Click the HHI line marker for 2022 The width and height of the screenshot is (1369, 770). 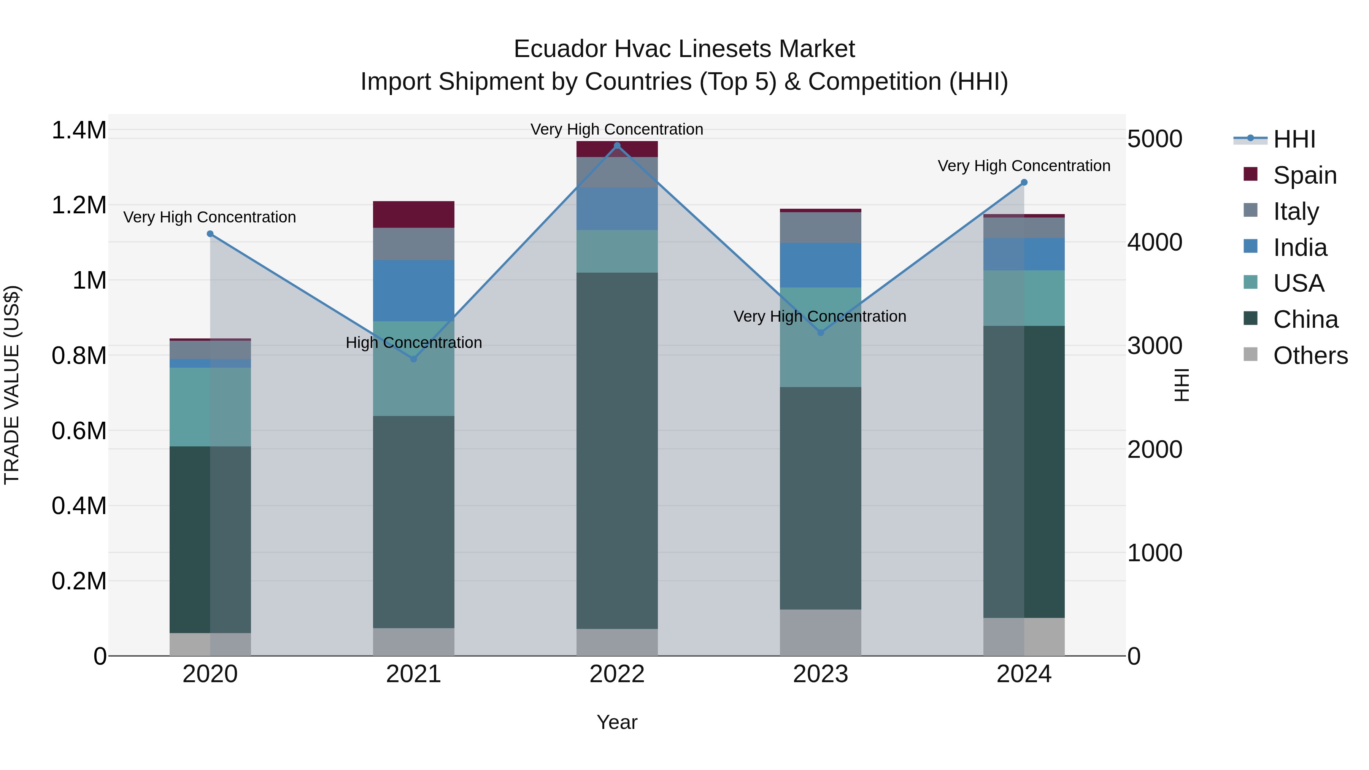point(617,146)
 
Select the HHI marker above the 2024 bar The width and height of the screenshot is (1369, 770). point(1024,182)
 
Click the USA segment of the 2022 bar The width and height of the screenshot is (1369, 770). point(617,251)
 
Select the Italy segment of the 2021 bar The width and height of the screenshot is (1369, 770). point(413,244)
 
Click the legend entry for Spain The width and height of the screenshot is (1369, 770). point(1304,175)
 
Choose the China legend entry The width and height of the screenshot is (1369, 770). point(1305,319)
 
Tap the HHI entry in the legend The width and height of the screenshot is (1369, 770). point(1294,139)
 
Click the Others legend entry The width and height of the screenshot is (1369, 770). point(1310,356)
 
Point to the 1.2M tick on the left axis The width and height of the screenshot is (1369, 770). point(79,205)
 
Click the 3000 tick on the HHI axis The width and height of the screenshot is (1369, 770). point(1154,346)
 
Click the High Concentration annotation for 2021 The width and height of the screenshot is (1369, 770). point(413,343)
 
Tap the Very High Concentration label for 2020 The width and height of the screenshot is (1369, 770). point(210,218)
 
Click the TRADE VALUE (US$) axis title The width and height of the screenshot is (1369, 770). point(12,385)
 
